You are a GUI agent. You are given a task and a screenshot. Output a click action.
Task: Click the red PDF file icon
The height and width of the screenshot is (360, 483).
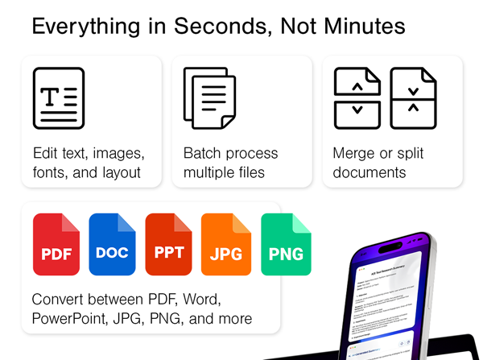56,245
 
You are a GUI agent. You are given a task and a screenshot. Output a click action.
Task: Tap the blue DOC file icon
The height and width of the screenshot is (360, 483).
112,245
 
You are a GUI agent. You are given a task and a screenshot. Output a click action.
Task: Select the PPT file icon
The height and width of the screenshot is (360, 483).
169,245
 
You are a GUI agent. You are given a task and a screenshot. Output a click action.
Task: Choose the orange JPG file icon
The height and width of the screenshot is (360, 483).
225,245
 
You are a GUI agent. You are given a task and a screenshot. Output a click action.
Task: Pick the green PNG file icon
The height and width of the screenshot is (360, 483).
286,245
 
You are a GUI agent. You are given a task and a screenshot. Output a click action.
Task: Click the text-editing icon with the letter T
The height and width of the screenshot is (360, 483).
58,98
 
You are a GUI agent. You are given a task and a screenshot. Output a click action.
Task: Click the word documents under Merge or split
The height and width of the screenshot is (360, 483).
369,172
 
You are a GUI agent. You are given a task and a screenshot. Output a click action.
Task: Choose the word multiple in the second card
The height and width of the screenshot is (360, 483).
211,172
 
